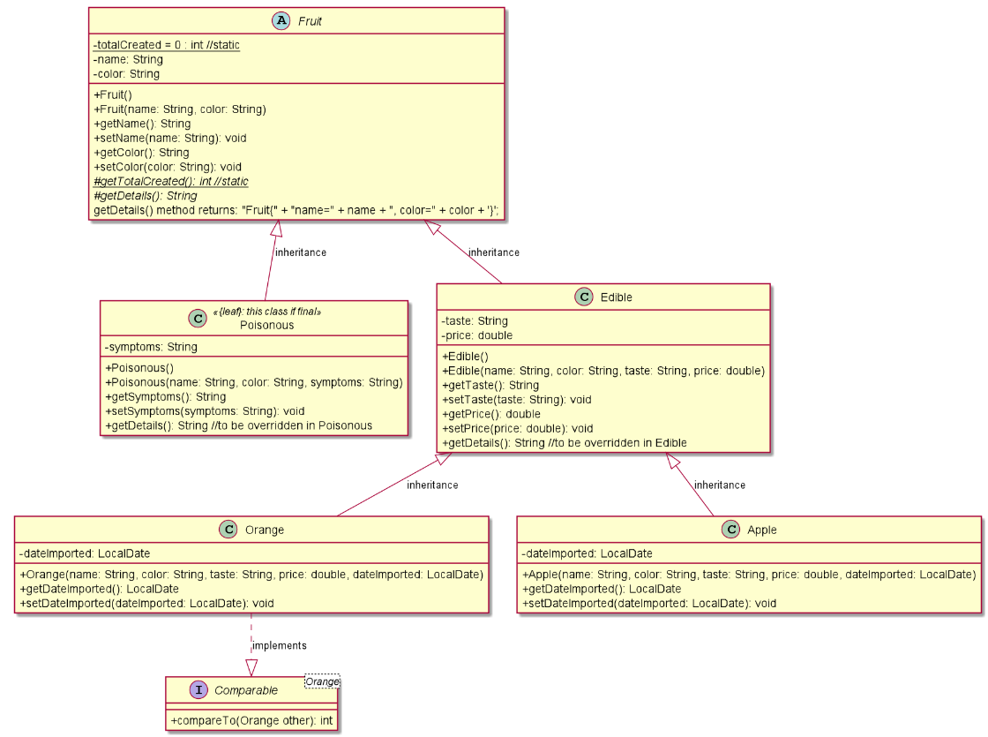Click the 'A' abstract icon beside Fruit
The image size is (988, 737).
tap(281, 20)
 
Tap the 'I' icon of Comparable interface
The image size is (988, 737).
tap(198, 690)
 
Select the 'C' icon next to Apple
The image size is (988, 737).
tap(730, 530)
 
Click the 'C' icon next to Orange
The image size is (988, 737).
tap(228, 530)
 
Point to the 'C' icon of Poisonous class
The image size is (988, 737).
tap(197, 318)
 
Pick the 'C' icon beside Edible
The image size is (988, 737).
tap(584, 297)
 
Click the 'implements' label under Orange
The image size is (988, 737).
tap(280, 645)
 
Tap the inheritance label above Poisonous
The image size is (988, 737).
tap(301, 252)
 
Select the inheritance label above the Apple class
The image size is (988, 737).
tap(719, 485)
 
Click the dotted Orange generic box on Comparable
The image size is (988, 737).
tap(322, 681)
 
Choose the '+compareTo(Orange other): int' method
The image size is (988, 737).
tap(251, 720)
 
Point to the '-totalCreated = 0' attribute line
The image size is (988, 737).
tap(167, 45)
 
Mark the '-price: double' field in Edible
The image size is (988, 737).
tap(476, 335)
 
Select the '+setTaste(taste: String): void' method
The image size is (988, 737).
tap(516, 400)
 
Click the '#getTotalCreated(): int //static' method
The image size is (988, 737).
tap(171, 181)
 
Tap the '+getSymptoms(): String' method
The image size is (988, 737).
tap(165, 396)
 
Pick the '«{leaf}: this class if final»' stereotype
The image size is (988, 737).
tap(267, 312)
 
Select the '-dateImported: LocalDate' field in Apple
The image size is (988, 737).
tap(587, 553)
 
